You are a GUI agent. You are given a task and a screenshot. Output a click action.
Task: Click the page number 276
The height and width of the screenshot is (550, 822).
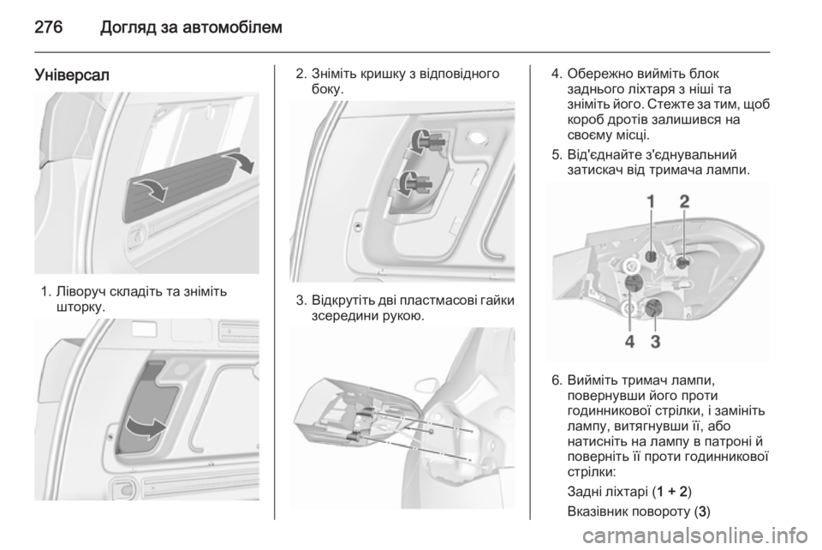tap(49, 27)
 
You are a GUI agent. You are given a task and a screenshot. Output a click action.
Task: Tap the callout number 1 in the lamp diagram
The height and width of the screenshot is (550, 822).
tap(651, 201)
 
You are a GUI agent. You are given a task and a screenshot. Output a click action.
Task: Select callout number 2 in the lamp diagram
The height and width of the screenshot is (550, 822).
tap(684, 201)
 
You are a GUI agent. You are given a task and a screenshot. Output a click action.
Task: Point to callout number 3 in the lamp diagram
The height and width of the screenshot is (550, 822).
tap(655, 342)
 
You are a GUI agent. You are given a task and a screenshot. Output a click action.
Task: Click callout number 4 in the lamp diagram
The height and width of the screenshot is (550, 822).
tap(629, 342)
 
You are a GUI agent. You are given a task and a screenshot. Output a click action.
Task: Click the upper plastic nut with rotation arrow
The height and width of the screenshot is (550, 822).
tap(426, 141)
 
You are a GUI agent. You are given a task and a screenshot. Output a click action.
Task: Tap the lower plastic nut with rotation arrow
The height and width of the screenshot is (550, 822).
tap(414, 183)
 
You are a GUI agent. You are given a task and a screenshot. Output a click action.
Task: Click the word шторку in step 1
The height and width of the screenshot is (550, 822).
tap(79, 307)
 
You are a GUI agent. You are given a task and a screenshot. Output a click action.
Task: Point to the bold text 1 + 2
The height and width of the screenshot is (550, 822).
tap(671, 491)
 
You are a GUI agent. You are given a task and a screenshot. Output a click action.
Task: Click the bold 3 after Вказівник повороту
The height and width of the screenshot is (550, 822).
tap(702, 511)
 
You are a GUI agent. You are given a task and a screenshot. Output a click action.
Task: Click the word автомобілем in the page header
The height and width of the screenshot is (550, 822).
tap(235, 27)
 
